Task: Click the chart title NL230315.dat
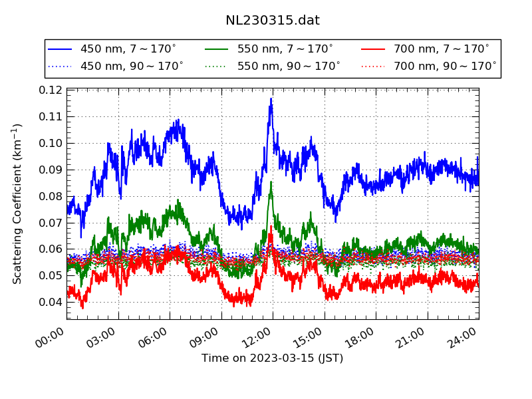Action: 273,21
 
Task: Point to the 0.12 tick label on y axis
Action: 51,90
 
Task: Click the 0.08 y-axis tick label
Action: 51,196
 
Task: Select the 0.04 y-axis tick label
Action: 51,302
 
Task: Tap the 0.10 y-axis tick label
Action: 51,143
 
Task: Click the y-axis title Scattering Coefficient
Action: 18,203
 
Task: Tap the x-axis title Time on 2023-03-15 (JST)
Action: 273,358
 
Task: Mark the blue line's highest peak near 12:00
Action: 271,99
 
